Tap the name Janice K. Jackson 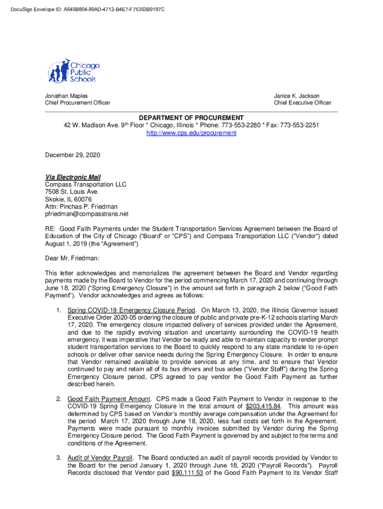tap(296, 96)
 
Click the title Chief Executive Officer tap(302, 103)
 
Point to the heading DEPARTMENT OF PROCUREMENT tap(191, 118)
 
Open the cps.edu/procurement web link tap(191, 133)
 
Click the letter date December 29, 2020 tap(73, 155)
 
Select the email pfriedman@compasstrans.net tap(87, 214)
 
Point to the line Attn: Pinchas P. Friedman tap(82, 206)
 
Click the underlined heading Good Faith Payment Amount tap(108, 399)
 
